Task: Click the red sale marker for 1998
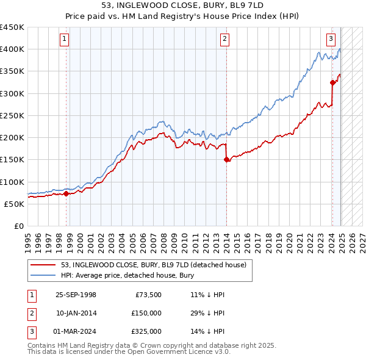[x=66, y=193]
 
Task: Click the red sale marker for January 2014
[x=226, y=160]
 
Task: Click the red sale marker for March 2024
[x=332, y=82]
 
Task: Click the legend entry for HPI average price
[x=127, y=275]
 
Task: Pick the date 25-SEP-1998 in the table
[x=76, y=295]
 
